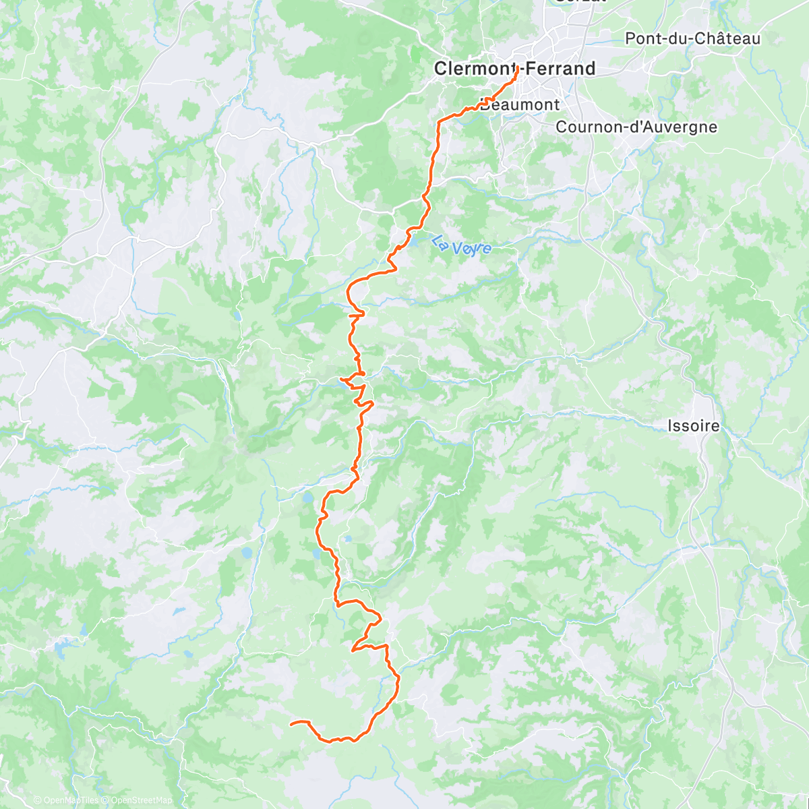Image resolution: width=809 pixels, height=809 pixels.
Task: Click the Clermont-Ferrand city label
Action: click(x=514, y=68)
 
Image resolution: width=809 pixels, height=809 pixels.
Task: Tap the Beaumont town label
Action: click(x=520, y=104)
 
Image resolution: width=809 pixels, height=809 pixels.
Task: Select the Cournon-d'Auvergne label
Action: click(x=636, y=127)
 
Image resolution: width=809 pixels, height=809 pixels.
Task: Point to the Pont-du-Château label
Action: click(x=692, y=38)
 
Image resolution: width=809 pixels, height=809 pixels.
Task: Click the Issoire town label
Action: click(x=693, y=425)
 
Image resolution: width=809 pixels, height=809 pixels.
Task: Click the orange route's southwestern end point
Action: click(x=291, y=724)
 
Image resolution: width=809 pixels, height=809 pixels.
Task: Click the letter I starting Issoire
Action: click(x=669, y=425)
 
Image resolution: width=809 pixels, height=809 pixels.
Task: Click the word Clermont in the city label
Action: click(x=473, y=68)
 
